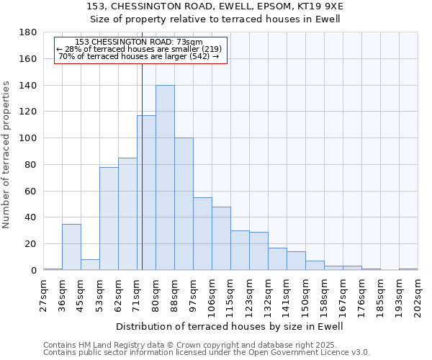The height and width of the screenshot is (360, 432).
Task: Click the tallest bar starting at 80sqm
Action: [165, 178]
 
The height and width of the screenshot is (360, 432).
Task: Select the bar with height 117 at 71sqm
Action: [146, 193]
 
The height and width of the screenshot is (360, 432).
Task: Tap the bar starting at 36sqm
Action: [71, 247]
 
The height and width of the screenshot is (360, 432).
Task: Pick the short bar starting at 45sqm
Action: [90, 265]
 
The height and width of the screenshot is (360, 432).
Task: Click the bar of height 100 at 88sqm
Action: [184, 204]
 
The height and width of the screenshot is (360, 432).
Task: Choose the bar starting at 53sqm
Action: [109, 219]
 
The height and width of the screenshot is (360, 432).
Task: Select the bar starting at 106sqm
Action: [221, 238]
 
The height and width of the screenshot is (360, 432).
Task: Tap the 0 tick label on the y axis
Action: [33, 271]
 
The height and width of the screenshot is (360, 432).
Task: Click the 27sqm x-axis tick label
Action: [44, 295]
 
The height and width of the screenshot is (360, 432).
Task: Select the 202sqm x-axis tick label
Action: [418, 295]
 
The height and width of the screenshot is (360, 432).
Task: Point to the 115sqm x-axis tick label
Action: [231, 295]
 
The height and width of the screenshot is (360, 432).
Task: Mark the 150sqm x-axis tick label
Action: [306, 295]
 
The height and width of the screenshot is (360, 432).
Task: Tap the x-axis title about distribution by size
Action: [230, 326]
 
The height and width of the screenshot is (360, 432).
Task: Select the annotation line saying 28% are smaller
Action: [139, 49]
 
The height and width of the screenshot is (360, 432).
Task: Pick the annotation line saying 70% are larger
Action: [139, 56]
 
